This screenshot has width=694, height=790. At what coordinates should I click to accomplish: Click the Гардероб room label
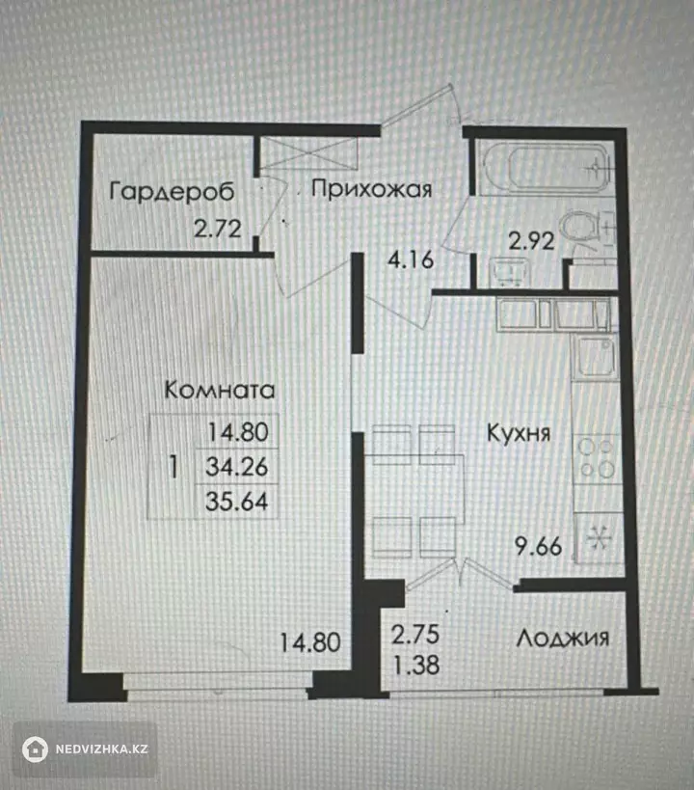click(172, 191)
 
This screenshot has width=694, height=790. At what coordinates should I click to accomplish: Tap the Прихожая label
click(372, 189)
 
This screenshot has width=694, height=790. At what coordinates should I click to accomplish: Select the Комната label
click(220, 390)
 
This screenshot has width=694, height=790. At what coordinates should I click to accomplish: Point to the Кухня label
click(519, 433)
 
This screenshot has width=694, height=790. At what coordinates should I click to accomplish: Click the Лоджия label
click(563, 639)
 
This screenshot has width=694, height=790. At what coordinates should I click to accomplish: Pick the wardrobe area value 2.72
click(218, 230)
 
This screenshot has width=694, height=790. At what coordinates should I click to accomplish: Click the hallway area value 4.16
click(411, 259)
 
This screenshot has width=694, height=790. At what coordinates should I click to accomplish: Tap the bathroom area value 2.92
click(531, 241)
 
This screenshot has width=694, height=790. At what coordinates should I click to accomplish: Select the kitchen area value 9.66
click(538, 546)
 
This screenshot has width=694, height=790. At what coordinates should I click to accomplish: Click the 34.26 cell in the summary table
click(237, 467)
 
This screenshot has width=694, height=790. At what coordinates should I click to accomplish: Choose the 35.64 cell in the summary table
click(237, 502)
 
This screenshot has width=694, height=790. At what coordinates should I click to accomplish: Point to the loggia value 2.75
click(415, 635)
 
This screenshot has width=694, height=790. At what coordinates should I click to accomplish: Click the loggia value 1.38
click(416, 665)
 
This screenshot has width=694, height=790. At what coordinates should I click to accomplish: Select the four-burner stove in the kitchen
click(597, 458)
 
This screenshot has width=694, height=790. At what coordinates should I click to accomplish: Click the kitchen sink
click(597, 357)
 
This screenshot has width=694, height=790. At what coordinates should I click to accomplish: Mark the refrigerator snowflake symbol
click(599, 538)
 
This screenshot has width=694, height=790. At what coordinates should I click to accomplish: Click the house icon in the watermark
click(35, 749)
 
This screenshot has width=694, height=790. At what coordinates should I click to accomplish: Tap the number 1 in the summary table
click(173, 467)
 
